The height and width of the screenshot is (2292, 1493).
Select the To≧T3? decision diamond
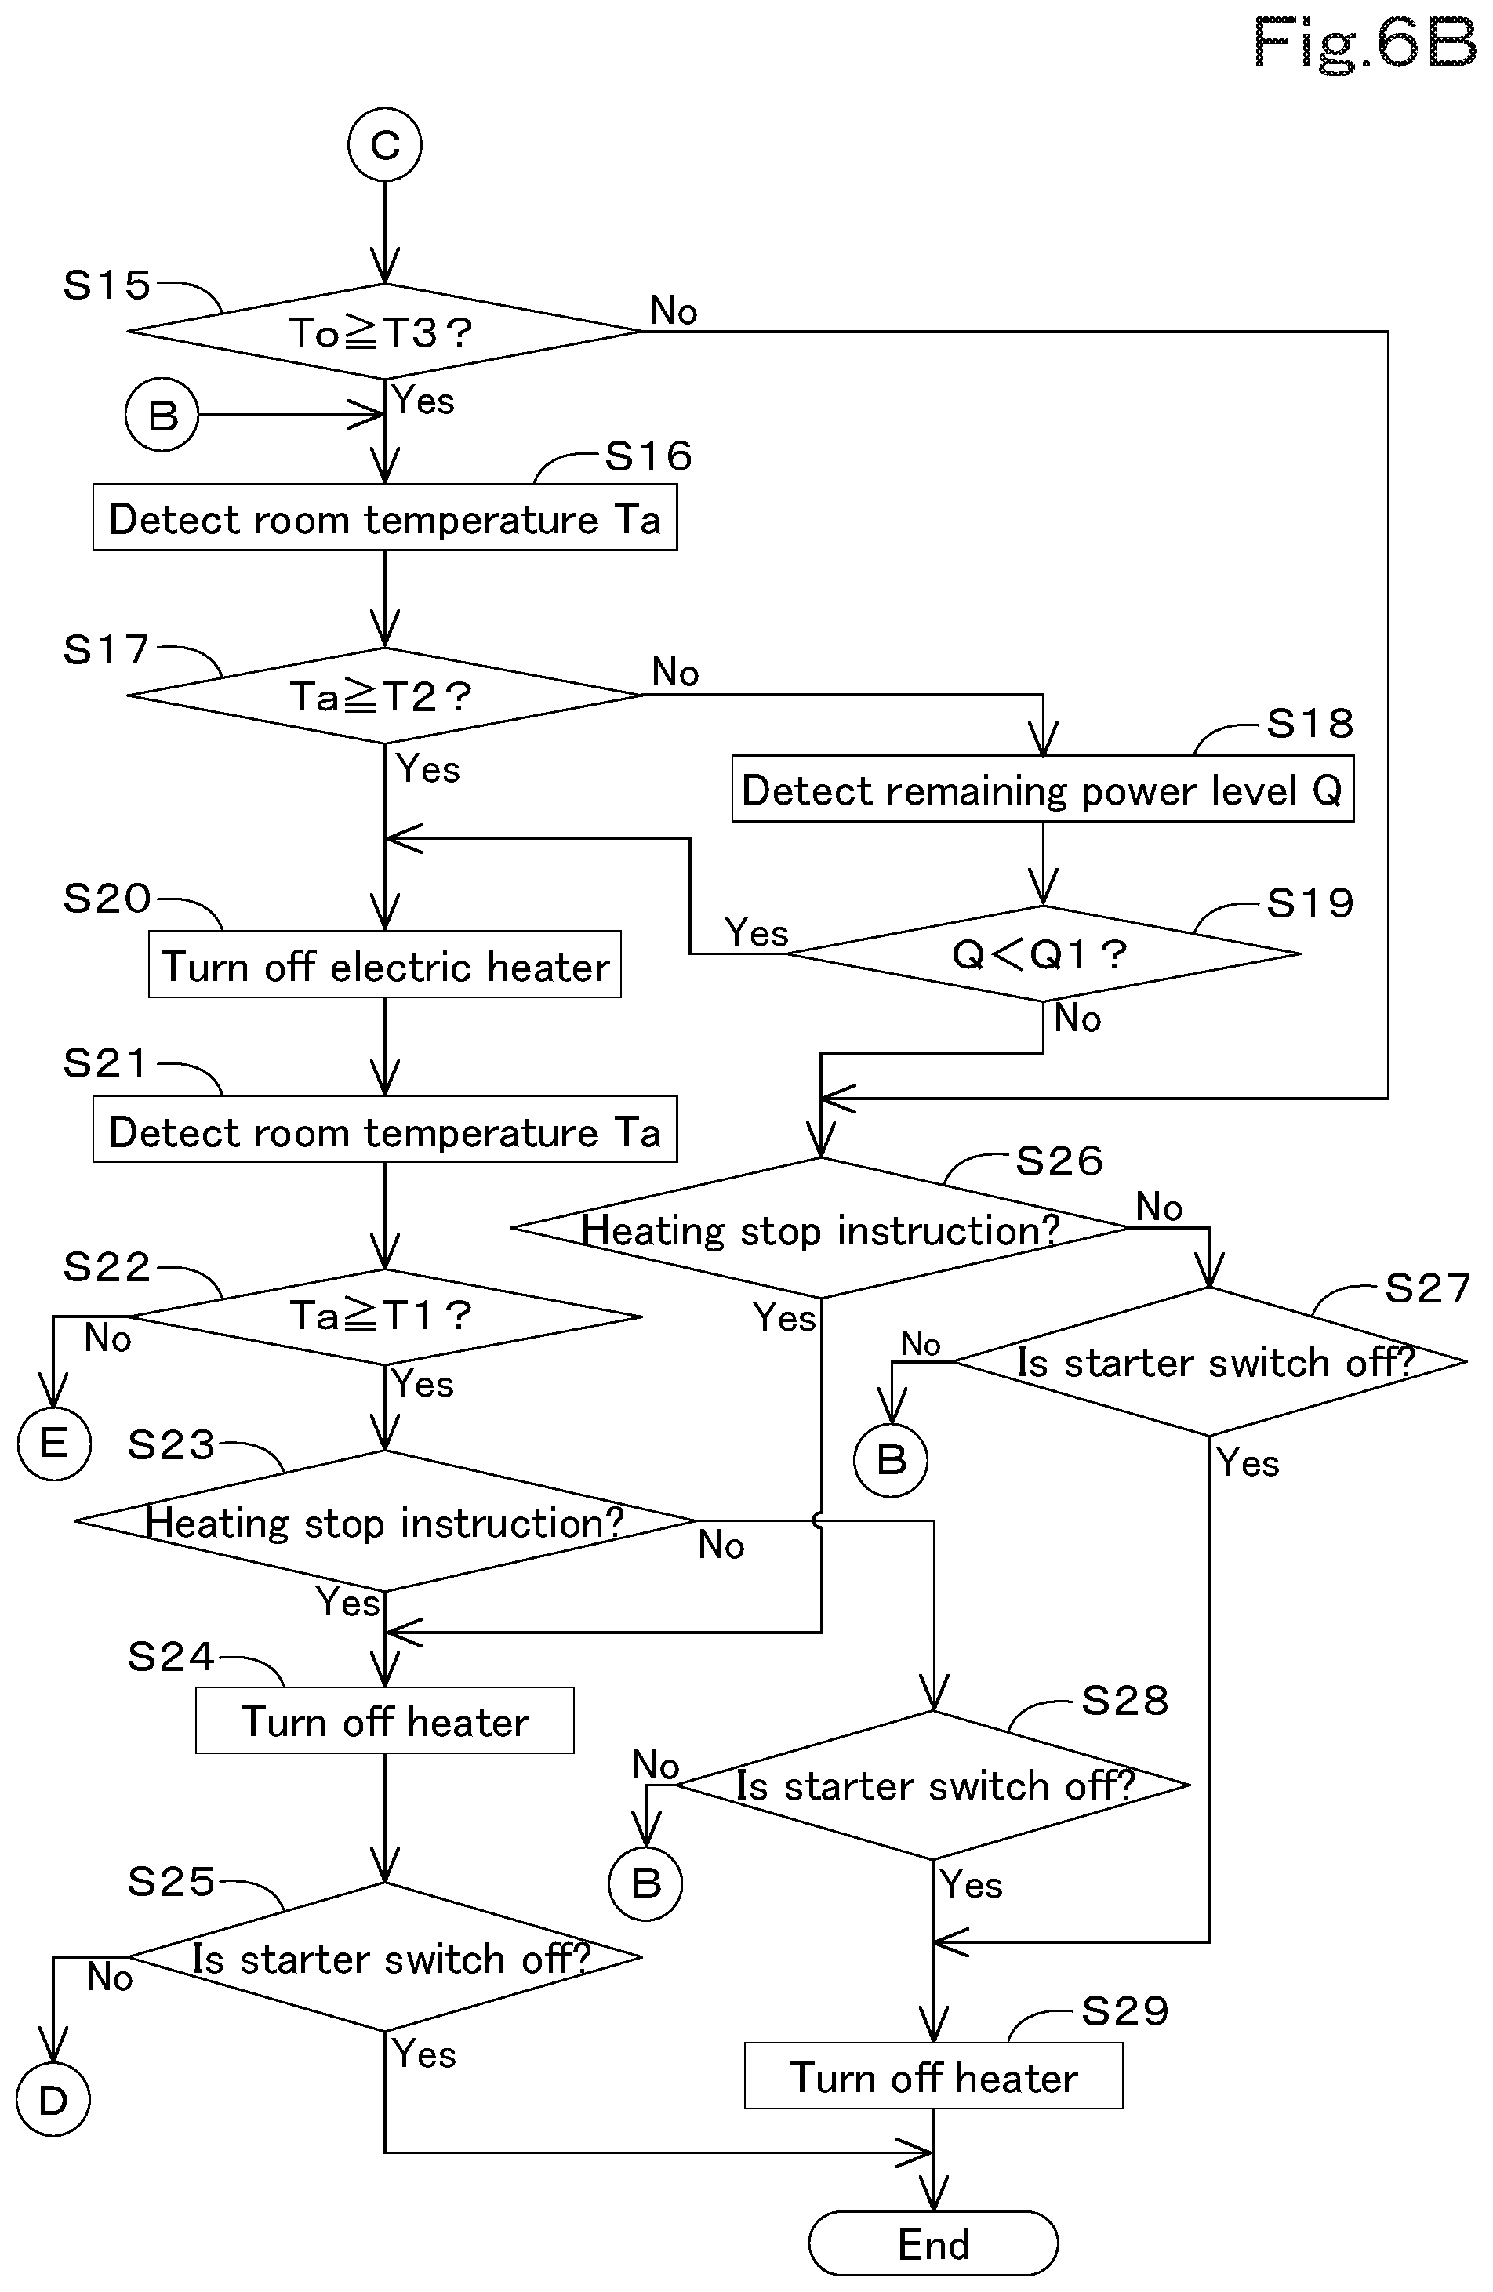[384, 331]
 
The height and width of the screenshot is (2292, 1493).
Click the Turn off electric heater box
[384, 964]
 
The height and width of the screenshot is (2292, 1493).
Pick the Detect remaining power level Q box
[1043, 789]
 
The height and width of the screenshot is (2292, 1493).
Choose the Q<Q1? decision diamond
[1043, 953]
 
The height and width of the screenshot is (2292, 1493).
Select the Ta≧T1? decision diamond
[384, 1317]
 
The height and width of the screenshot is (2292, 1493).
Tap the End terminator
[933, 2245]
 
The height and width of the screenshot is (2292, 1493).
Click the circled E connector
[54, 1443]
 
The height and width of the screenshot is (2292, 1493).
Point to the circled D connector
[53, 2101]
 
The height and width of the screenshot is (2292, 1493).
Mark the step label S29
[1125, 2010]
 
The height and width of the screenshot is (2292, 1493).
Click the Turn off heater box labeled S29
[933, 2076]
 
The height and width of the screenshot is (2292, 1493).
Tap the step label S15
[107, 285]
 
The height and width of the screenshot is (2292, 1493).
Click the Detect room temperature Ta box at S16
[384, 518]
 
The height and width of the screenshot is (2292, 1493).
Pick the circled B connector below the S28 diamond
[645, 1883]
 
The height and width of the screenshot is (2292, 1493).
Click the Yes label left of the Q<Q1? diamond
[756, 932]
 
